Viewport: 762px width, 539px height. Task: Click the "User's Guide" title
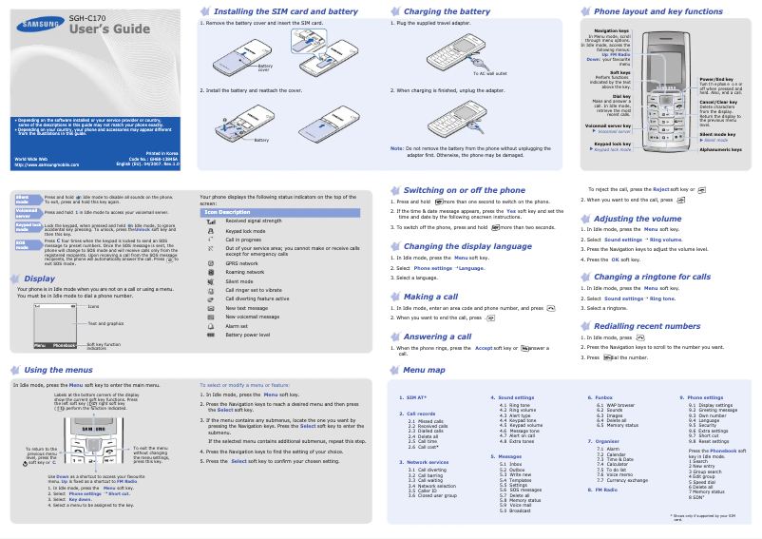click(110, 29)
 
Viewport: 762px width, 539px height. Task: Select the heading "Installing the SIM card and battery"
click(286, 11)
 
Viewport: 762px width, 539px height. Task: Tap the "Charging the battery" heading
click(448, 11)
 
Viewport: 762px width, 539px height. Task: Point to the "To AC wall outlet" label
click(489, 73)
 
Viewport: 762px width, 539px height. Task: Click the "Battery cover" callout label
click(264, 67)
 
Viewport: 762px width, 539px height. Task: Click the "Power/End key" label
click(716, 79)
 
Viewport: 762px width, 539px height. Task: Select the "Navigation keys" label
click(611, 30)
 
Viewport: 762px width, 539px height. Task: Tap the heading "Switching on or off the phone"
click(464, 190)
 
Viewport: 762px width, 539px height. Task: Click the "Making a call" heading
click(430, 297)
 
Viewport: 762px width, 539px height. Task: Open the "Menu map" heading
click(424, 370)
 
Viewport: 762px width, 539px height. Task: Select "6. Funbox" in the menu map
click(600, 396)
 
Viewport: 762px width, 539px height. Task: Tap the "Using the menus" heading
click(58, 370)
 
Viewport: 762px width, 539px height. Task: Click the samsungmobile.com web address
click(47, 164)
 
